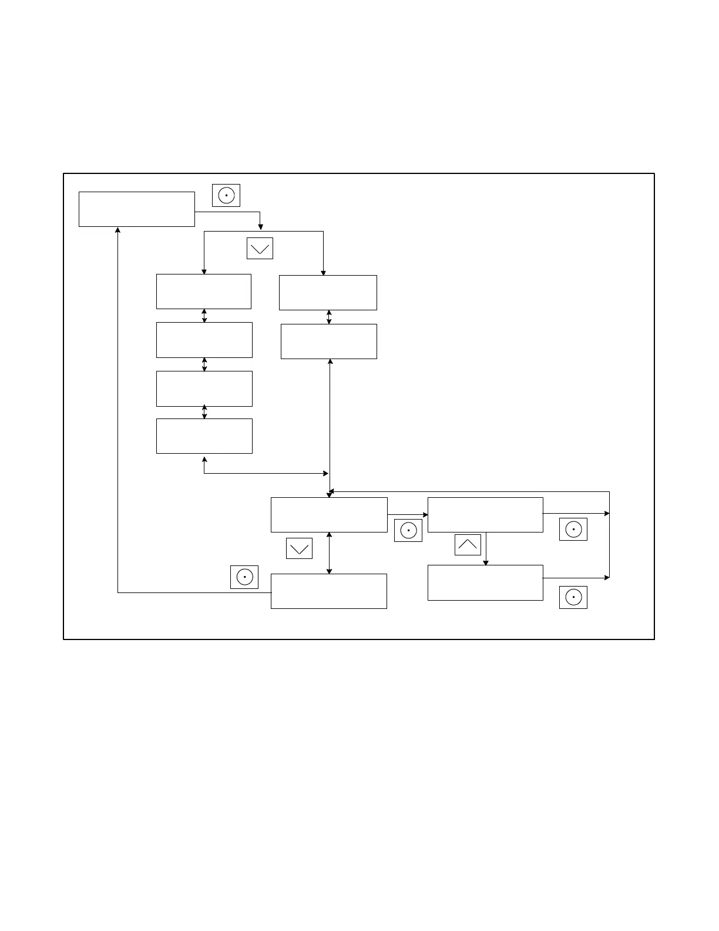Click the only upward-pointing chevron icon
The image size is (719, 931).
click(468, 544)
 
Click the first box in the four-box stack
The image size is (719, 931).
click(203, 291)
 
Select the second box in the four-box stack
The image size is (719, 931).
click(204, 340)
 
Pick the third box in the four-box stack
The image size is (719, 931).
click(204, 389)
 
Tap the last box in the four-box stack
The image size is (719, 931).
click(204, 436)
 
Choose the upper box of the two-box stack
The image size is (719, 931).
click(327, 293)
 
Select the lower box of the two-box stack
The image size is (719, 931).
click(328, 341)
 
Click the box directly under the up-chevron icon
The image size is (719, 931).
click(485, 582)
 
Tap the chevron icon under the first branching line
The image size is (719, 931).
click(260, 248)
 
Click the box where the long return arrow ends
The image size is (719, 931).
click(136, 209)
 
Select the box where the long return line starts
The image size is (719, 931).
click(328, 591)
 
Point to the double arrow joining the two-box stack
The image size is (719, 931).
click(329, 317)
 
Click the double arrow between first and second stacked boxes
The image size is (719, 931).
click(204, 316)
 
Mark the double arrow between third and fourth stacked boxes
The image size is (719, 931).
click(204, 412)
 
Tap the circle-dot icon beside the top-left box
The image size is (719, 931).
click(226, 195)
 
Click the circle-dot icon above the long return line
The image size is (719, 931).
click(244, 577)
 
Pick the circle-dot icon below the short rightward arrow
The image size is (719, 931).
click(408, 530)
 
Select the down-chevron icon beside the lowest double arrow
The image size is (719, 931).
click(299, 548)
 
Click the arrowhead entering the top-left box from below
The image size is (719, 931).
click(118, 230)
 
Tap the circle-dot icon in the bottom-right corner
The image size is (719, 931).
click(573, 597)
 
